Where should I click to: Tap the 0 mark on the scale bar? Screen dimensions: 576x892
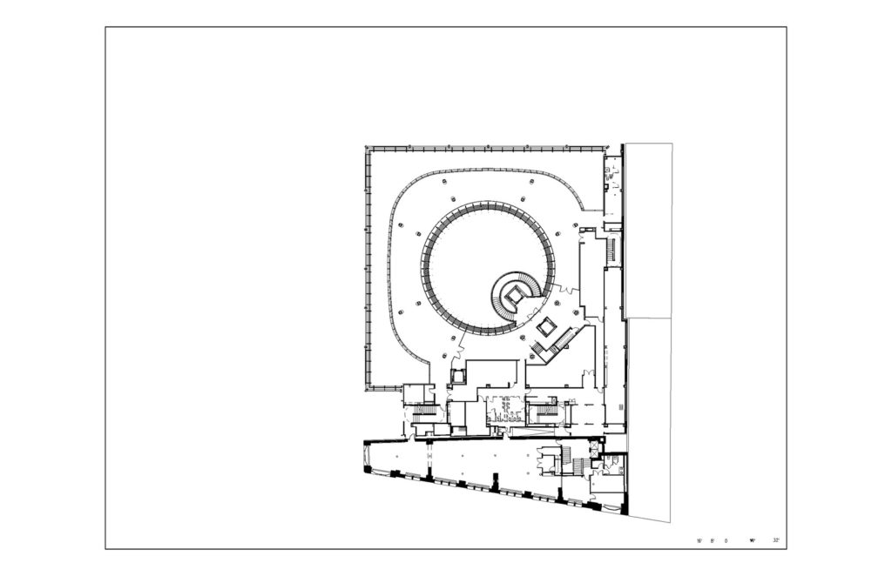726,541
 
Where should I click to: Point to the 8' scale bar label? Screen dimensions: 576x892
713,541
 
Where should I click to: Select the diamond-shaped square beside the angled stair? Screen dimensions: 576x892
547,328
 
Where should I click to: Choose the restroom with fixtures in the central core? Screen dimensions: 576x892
503,409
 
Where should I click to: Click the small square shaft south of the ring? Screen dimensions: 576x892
457,376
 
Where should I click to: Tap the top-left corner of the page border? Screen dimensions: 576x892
106,27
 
